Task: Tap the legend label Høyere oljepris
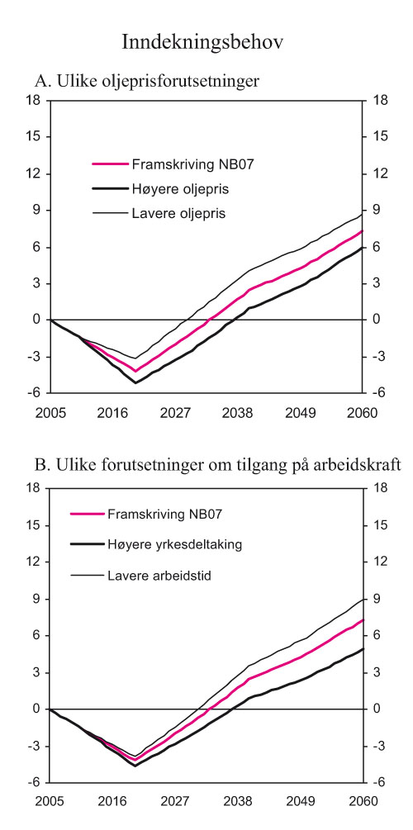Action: coord(180,189)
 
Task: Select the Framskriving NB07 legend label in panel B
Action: coord(168,514)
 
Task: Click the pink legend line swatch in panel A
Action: coord(109,164)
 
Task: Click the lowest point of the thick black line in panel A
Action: coord(135,383)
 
